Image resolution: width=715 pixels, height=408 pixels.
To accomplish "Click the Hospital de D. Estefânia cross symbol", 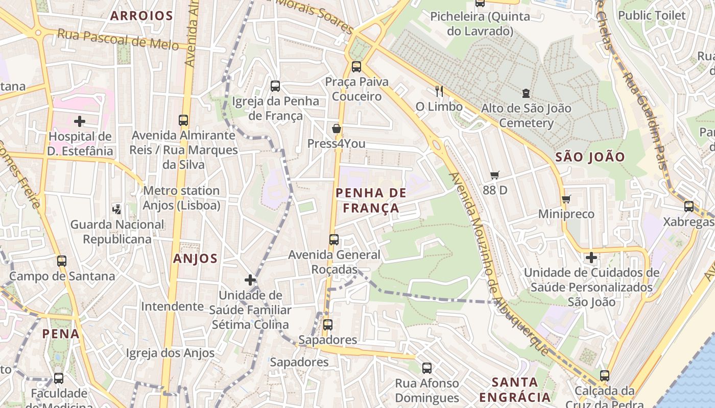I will coord(80,121).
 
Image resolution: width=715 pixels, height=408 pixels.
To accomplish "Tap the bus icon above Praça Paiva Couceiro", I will coord(356,66).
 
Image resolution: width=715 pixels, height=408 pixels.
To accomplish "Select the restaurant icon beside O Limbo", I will coord(439,91).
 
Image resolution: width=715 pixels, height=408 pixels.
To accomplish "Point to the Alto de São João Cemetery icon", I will coord(526,93).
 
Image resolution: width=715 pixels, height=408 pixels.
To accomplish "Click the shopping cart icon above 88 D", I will coord(494,175).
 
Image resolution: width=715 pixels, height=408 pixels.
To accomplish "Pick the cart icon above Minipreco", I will coord(566,199).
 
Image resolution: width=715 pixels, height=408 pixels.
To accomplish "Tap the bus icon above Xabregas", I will coord(689,207).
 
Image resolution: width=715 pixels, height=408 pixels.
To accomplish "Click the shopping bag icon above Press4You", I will coord(337,129).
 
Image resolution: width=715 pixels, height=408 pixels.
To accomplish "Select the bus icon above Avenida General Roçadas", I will coord(334,239).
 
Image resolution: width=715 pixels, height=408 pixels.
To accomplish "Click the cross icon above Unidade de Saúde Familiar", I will coord(250,279).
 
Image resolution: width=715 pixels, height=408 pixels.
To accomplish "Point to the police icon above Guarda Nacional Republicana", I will coord(117,209).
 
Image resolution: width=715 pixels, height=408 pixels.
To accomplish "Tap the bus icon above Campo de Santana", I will coord(62,261).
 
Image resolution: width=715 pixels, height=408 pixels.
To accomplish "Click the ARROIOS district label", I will coord(142,16).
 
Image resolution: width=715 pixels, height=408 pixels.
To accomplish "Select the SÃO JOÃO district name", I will coord(590,157).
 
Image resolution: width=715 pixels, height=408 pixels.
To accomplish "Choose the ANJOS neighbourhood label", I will coord(195,259).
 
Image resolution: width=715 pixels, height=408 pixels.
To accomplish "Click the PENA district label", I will coord(61,334).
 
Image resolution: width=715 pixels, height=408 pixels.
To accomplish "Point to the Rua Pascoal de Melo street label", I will coord(118,39).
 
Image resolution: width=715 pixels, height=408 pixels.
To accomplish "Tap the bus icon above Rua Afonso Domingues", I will coord(427,368).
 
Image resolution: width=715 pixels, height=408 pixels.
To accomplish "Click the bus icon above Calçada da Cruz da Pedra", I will coord(605,376).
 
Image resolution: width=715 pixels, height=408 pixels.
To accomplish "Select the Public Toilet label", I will coord(652,15).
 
